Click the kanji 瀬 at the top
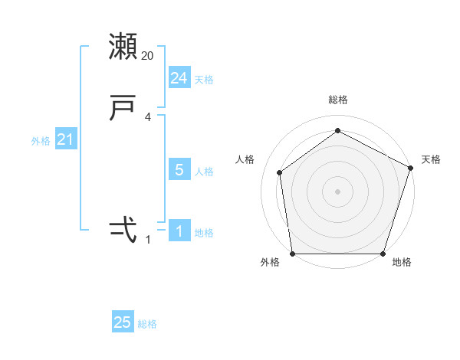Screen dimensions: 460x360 (x=123, y=47)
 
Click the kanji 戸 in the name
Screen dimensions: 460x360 (x=123, y=108)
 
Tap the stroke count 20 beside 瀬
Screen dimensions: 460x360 (x=148, y=56)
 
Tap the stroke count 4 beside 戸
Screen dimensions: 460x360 (x=148, y=117)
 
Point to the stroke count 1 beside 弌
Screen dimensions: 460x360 (x=148, y=240)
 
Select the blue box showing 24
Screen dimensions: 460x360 (x=179, y=78)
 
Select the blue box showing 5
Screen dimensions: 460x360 (x=179, y=171)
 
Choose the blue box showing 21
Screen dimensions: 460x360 (x=65, y=140)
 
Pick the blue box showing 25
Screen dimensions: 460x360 (x=123, y=322)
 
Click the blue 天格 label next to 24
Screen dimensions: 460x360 (x=204, y=80)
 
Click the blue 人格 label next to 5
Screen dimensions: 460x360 (x=204, y=172)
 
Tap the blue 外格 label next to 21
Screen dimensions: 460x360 (x=41, y=141)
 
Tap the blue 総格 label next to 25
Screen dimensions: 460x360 (x=147, y=324)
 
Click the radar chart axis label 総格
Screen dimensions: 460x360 (x=337, y=100)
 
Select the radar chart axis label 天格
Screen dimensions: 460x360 (x=431, y=159)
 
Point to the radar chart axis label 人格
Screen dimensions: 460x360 (x=245, y=159)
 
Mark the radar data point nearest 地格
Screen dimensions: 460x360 (x=383, y=254)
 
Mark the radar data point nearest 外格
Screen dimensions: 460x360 (x=292, y=254)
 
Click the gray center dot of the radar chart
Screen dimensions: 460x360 (x=337, y=191)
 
